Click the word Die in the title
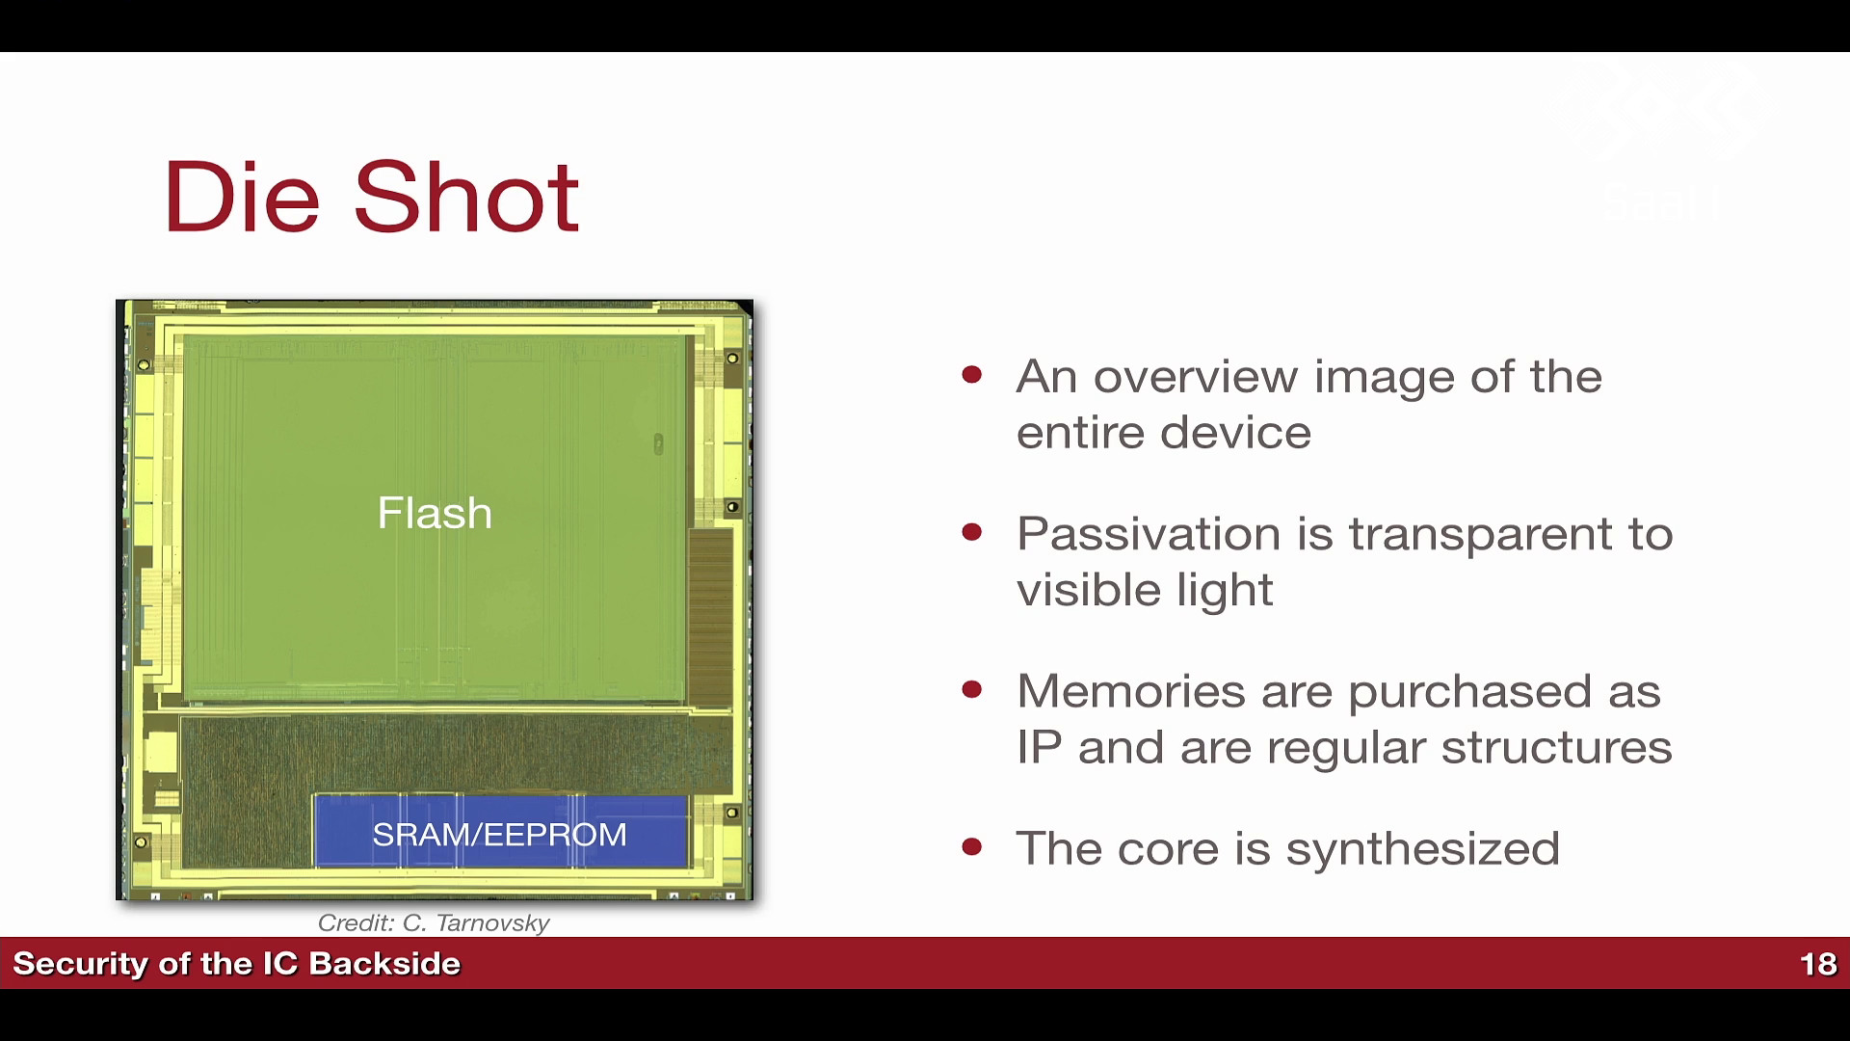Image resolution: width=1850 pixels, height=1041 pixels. coord(242,198)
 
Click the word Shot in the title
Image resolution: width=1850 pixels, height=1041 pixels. coord(466,197)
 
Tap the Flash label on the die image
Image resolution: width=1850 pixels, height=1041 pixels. coord(435,513)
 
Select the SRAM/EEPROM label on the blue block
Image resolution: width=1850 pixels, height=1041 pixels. coord(499,834)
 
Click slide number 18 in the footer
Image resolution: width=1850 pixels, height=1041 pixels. coord(1818,964)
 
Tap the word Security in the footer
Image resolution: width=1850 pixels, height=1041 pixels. coord(80,964)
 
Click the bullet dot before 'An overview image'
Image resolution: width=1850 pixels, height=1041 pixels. coord(971,375)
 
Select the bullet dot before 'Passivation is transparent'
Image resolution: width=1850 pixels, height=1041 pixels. coord(971,532)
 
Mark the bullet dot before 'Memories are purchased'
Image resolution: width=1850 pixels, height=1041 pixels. coord(971,689)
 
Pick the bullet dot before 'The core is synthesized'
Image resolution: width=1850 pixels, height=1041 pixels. coord(971,846)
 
